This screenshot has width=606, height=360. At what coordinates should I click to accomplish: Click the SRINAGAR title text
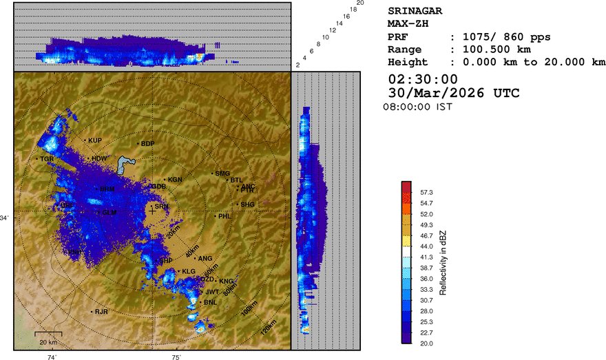tap(415, 11)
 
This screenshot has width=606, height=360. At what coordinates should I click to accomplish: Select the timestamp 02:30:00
tap(423, 79)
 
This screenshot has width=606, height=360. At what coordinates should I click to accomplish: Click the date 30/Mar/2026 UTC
tap(454, 93)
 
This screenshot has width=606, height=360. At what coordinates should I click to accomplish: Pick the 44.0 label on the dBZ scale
tap(427, 246)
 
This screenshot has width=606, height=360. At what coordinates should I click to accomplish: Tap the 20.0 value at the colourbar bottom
tap(427, 342)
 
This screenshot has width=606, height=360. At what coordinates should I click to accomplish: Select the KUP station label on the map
tap(95, 140)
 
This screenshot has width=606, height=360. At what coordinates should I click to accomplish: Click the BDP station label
tap(147, 143)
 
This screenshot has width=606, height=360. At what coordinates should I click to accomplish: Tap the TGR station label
tap(47, 159)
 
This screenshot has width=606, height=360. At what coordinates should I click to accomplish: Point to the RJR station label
tap(102, 312)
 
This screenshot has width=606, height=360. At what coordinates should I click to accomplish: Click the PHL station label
tap(224, 216)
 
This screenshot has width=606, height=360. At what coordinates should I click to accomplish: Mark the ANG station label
tap(205, 258)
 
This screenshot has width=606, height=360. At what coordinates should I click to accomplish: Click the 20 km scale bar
tap(48, 335)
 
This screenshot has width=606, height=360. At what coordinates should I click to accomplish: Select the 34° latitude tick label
tap(6, 218)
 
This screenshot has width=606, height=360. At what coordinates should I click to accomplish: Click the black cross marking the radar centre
tap(152, 211)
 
